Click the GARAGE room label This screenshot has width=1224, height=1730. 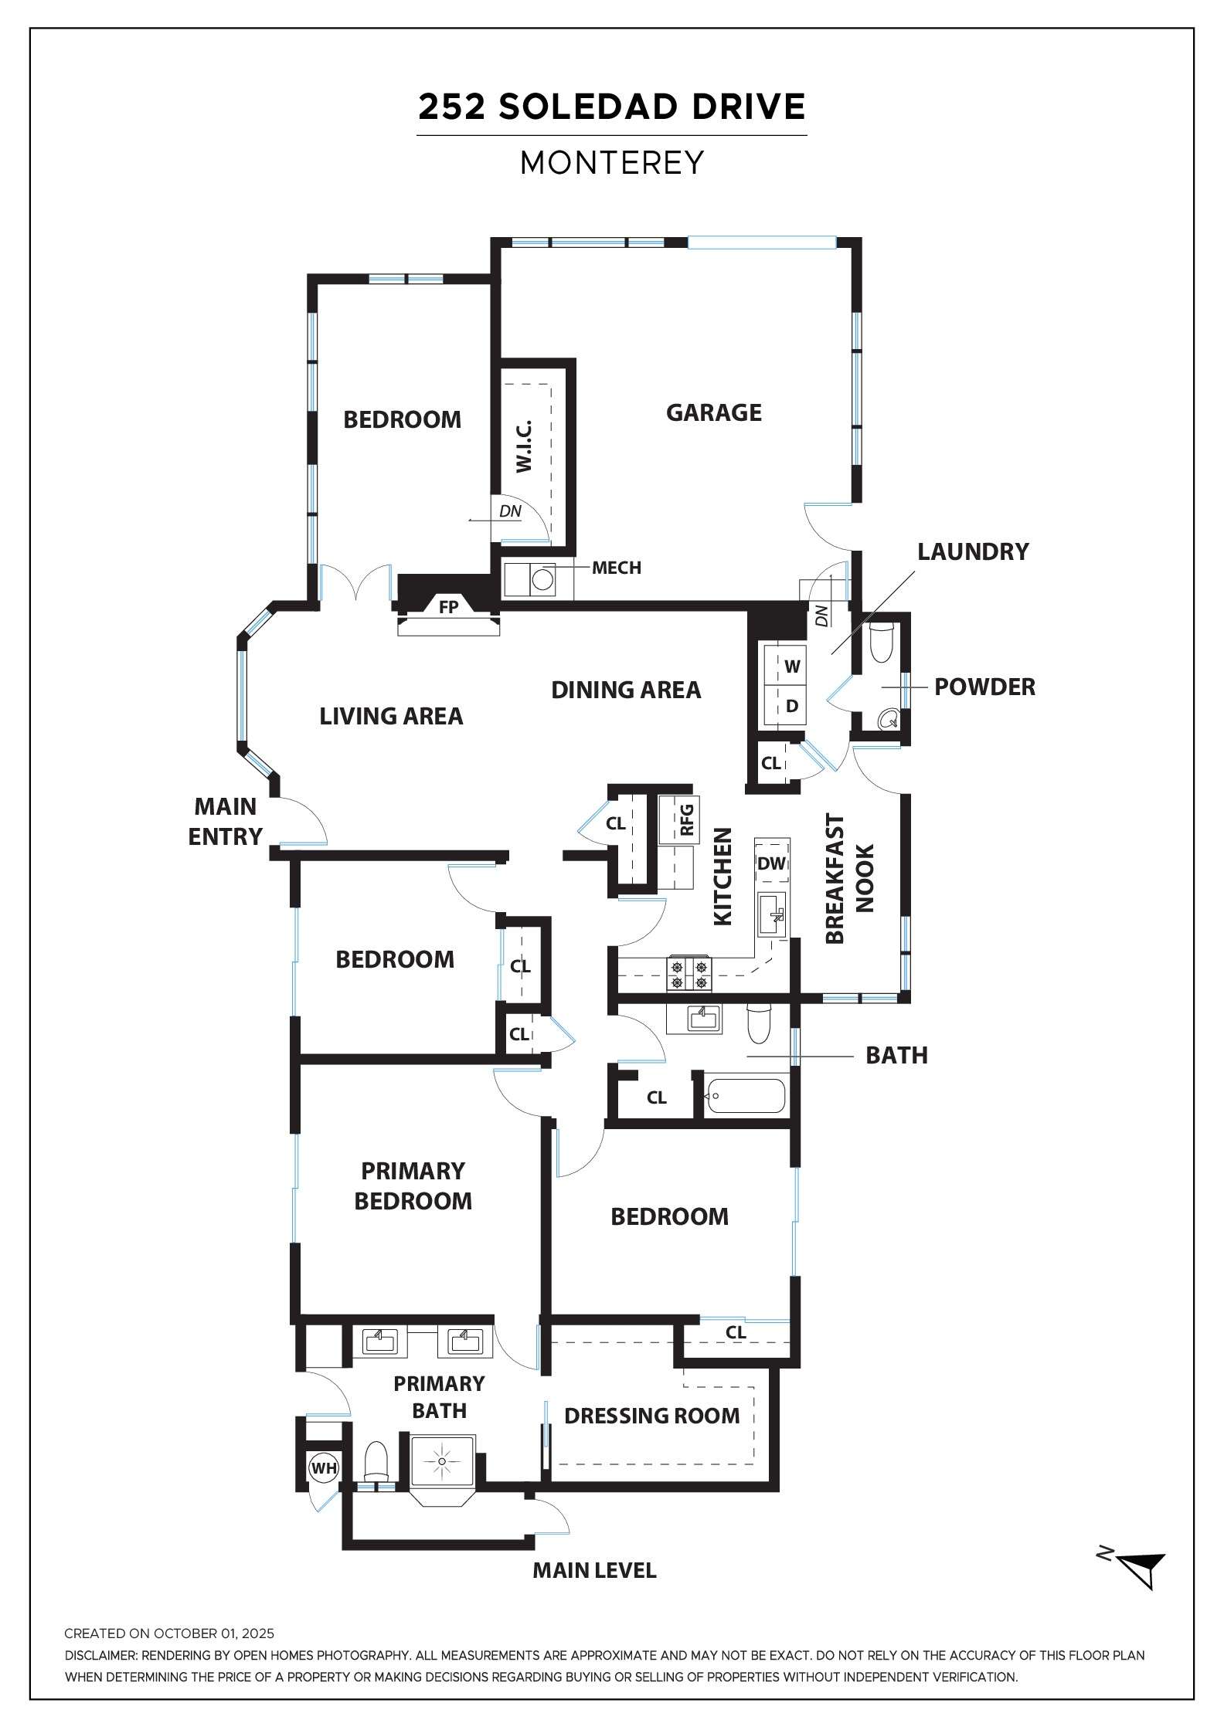[x=713, y=412]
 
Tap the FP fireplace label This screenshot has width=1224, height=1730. [x=448, y=606]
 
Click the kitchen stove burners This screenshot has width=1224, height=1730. [x=688, y=973]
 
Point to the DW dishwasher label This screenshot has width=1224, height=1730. [x=771, y=863]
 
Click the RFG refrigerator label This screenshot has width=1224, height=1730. [x=686, y=820]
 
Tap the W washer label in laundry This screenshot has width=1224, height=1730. [x=792, y=666]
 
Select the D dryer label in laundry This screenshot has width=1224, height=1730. [x=792, y=706]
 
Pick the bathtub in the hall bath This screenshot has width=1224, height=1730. [x=746, y=1095]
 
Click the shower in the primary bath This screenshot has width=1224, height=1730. [x=442, y=1462]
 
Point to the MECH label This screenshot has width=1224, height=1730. [x=617, y=568]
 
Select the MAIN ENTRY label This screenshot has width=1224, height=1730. [x=225, y=821]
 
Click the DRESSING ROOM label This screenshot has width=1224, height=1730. [x=651, y=1416]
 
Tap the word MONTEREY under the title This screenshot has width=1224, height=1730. [x=612, y=162]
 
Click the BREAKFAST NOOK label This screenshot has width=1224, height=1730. [x=849, y=878]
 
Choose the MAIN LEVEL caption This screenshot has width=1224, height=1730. [x=594, y=1570]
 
